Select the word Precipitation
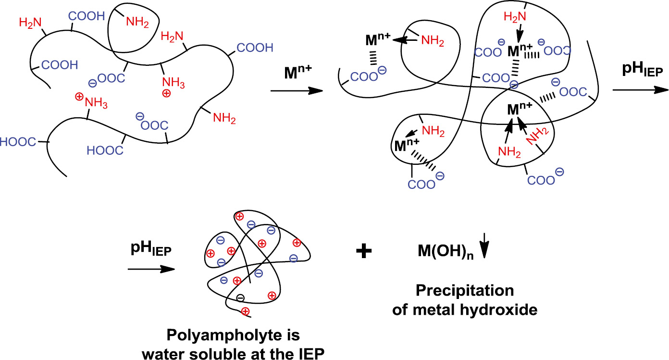point(465,291)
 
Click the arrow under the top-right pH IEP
point(640,90)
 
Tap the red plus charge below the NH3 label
point(166,94)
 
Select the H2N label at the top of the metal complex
point(515,17)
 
